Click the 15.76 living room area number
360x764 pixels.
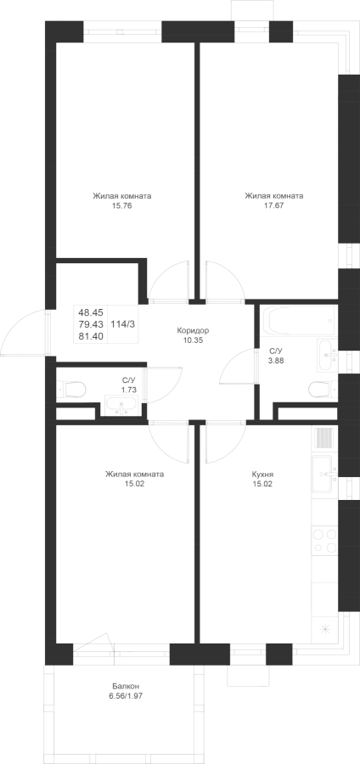tap(121, 205)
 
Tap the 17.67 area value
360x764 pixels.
tap(273, 205)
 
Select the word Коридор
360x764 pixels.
tap(190, 331)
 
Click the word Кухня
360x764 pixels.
tap(262, 474)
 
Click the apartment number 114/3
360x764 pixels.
tap(123, 323)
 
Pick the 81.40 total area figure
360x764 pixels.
tap(90, 335)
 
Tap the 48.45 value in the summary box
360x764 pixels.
tap(90, 312)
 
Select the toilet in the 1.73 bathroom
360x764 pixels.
tap(71, 390)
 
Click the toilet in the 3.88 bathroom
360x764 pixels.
tap(323, 389)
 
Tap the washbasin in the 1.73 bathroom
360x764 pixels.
tap(121, 406)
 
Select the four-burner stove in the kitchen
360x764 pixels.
tap(325, 541)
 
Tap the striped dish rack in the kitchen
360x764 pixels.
tap(324, 437)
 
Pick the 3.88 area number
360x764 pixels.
tap(277, 361)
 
